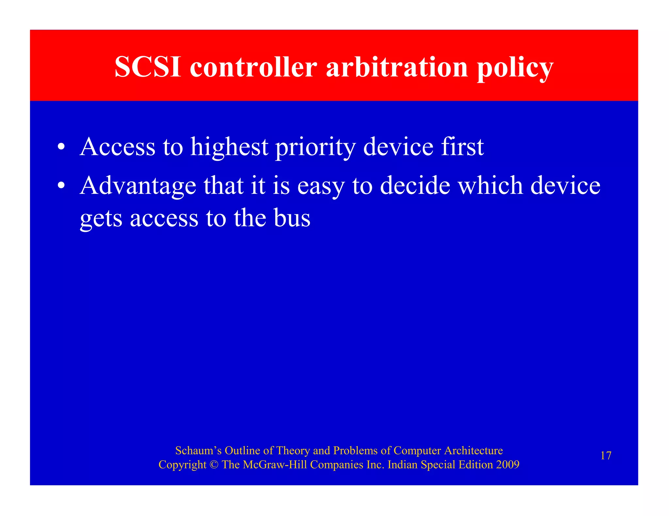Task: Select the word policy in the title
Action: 515,68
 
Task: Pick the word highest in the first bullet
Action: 229,147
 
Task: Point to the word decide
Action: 415,185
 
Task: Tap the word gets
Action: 101,219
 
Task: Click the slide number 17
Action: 606,456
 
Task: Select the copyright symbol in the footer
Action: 214,465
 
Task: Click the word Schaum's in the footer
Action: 198,450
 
